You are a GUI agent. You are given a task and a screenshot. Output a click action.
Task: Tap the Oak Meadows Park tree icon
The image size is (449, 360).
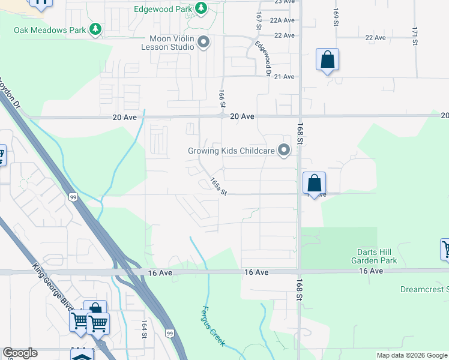(x=94, y=29)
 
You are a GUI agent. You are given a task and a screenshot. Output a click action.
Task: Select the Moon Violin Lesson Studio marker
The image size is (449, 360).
(x=203, y=42)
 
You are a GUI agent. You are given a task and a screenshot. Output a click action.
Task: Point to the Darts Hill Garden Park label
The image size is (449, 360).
(x=375, y=256)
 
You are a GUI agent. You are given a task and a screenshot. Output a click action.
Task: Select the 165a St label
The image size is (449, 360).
(x=218, y=186)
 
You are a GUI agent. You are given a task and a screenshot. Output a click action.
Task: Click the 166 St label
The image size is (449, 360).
(x=221, y=96)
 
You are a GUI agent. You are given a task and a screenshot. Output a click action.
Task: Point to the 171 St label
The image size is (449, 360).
(x=414, y=35)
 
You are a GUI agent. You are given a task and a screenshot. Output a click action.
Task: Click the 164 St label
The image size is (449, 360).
(x=144, y=329)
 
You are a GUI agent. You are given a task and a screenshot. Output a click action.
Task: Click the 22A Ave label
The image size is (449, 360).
(x=282, y=20)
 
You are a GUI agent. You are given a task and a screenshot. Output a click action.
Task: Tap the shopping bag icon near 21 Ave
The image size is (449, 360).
(x=327, y=59)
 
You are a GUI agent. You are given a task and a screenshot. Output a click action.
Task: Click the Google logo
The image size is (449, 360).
(x=20, y=353)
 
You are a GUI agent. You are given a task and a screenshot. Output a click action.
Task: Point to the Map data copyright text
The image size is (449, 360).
(x=411, y=355)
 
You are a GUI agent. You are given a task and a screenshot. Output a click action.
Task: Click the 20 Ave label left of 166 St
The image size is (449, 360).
(x=125, y=117)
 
